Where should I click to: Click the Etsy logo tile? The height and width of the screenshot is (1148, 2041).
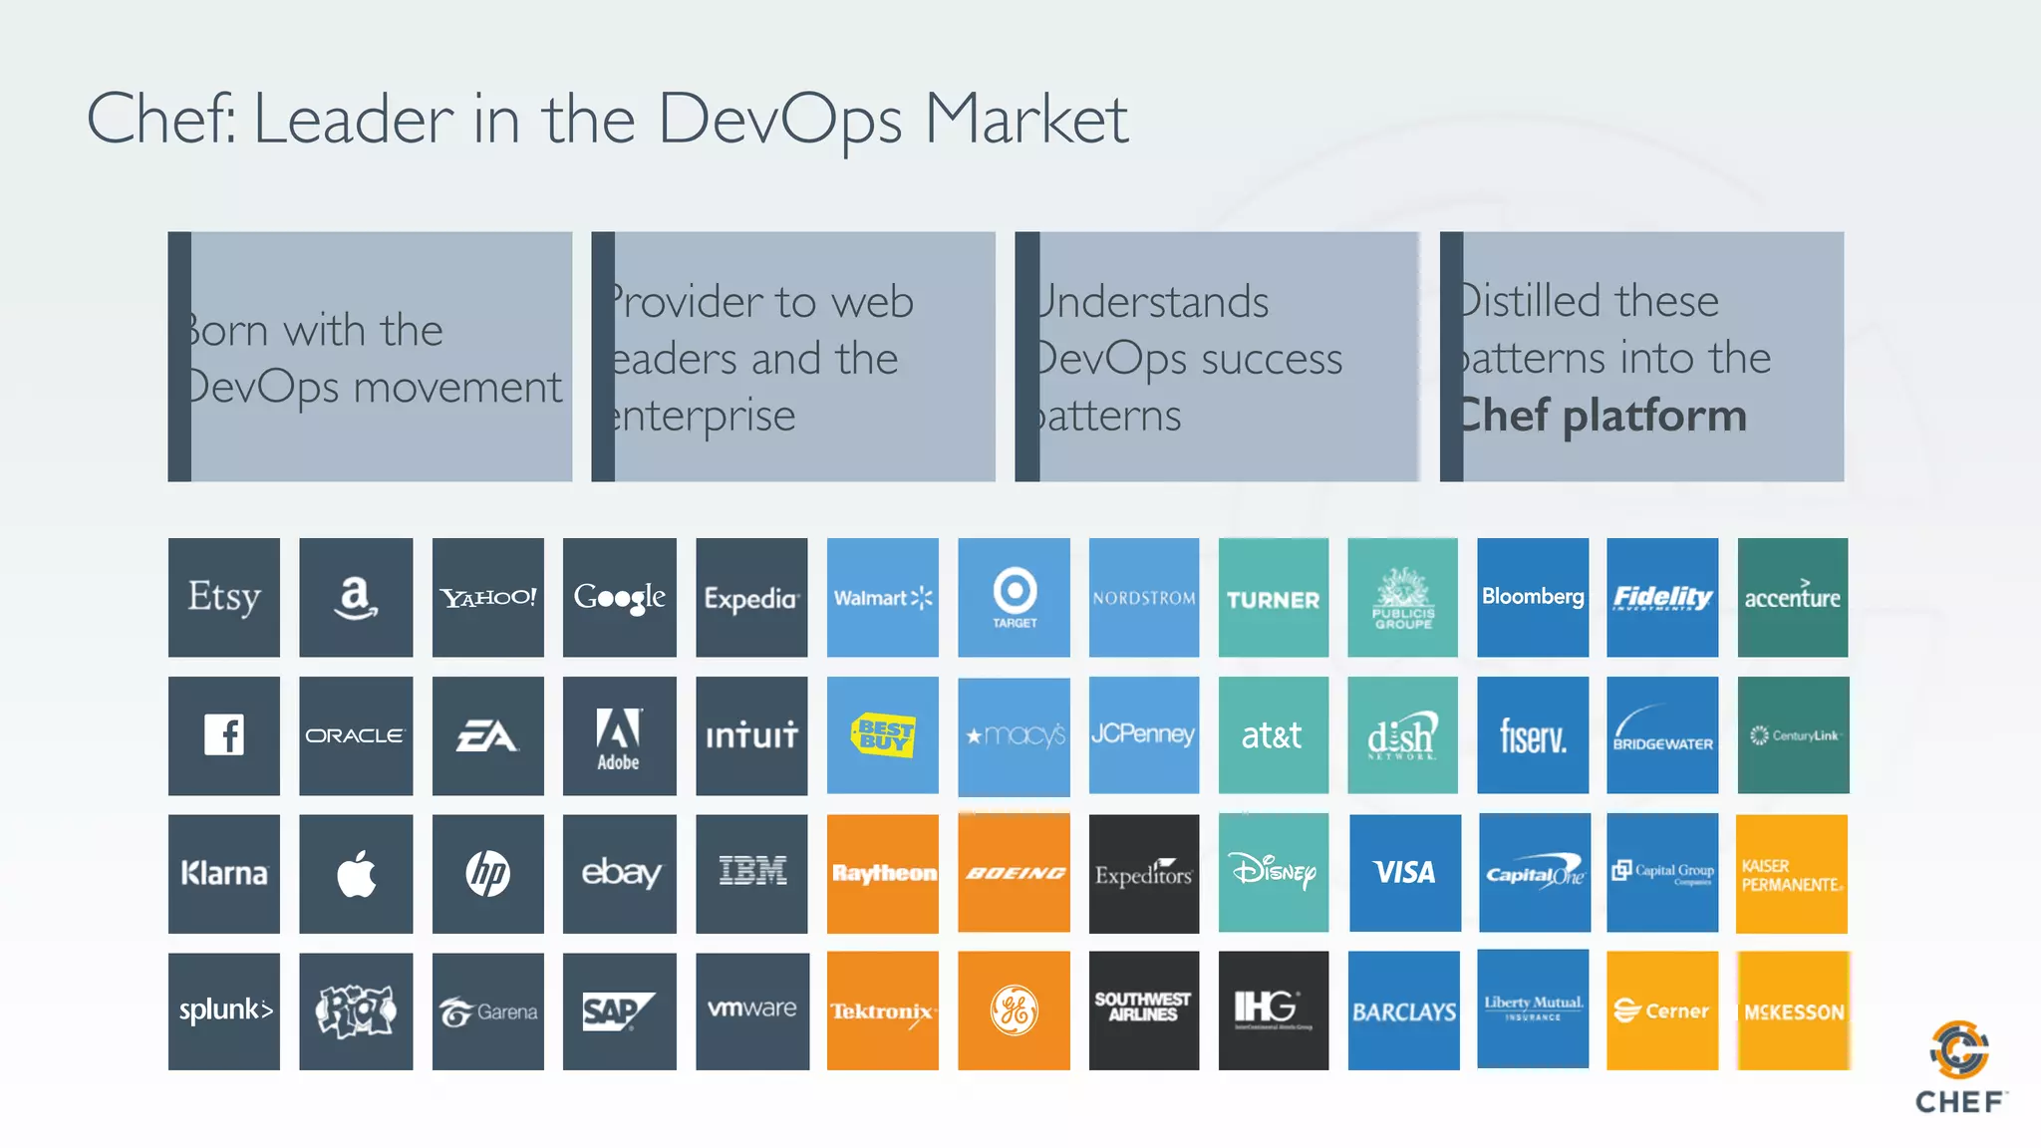(x=224, y=598)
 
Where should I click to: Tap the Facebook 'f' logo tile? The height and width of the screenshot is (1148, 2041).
(x=224, y=735)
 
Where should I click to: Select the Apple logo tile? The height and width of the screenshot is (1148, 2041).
(x=356, y=874)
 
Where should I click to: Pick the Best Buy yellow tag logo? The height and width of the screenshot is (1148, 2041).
(x=883, y=735)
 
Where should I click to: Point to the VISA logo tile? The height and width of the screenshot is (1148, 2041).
(x=1404, y=873)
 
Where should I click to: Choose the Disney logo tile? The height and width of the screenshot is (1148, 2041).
(x=1274, y=873)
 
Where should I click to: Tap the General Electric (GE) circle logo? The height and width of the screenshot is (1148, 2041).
(x=1015, y=1010)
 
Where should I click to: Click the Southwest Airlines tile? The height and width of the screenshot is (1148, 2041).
(x=1143, y=1007)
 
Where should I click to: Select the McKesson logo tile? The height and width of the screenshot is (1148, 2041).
(x=1794, y=1011)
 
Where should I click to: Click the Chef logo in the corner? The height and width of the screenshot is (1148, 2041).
(x=1959, y=1066)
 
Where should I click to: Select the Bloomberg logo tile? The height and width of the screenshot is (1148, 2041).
(x=1533, y=597)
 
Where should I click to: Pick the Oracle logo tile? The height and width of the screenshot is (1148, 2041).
(x=356, y=735)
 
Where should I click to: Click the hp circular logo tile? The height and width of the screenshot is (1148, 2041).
(x=488, y=874)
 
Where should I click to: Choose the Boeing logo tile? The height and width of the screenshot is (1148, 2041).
(x=1015, y=874)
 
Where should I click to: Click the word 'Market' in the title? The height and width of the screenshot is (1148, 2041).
(x=1026, y=120)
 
